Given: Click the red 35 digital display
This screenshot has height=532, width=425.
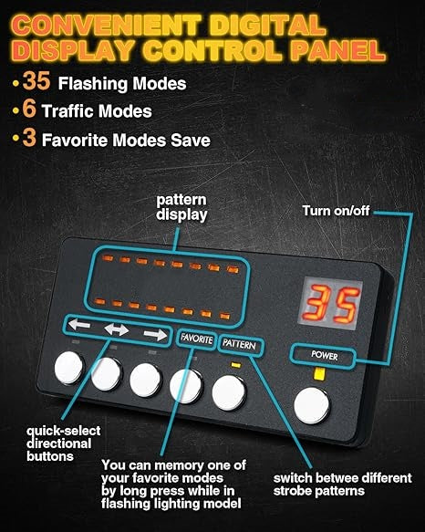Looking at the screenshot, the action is pyautogui.click(x=331, y=303).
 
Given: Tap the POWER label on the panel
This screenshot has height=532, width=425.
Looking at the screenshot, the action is pyautogui.click(x=325, y=355).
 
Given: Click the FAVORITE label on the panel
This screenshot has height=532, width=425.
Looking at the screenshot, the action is pyautogui.click(x=197, y=339).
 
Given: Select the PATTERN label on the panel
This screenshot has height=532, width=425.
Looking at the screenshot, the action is pyautogui.click(x=239, y=344).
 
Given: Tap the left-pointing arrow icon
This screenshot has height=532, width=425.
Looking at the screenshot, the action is pyautogui.click(x=79, y=324).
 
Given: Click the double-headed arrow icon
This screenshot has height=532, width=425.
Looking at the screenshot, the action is pyautogui.click(x=117, y=329).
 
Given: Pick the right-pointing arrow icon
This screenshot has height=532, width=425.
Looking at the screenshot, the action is pyautogui.click(x=155, y=335).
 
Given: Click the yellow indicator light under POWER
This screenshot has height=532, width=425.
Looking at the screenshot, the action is pyautogui.click(x=319, y=374).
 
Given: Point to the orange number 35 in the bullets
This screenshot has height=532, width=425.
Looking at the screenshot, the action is pyautogui.click(x=36, y=80).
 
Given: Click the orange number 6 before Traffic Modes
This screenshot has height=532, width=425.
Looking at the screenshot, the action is pyautogui.click(x=29, y=109).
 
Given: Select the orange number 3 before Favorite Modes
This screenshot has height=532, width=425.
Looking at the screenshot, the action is pyautogui.click(x=29, y=138).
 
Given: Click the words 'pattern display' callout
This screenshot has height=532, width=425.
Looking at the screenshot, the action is pyautogui.click(x=181, y=207).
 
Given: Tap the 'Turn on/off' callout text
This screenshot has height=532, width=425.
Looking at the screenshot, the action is pyautogui.click(x=336, y=211).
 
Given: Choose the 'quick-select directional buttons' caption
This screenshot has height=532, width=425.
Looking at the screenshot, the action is pyautogui.click(x=64, y=443).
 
